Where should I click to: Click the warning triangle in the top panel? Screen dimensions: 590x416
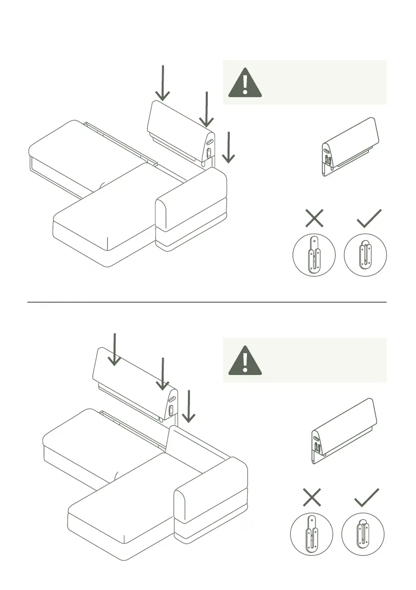(245, 83)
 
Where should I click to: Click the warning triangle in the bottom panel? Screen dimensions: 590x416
(245, 360)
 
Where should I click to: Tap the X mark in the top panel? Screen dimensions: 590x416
(314, 218)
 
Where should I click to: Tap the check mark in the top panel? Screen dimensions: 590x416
(369, 218)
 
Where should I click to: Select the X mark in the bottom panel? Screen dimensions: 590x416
(312, 497)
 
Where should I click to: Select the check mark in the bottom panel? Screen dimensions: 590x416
(367, 497)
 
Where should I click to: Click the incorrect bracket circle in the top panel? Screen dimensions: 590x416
(314, 255)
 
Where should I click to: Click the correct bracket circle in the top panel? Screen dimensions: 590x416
(365, 255)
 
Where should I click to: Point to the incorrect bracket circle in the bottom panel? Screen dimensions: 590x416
(311, 534)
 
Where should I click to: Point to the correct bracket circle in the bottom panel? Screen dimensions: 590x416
(363, 534)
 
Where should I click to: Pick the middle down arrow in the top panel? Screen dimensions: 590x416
(206, 109)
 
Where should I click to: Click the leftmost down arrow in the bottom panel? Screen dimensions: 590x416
(115, 349)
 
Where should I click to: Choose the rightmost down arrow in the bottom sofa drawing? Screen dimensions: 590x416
(188, 406)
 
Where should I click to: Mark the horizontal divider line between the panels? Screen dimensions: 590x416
(206, 302)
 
